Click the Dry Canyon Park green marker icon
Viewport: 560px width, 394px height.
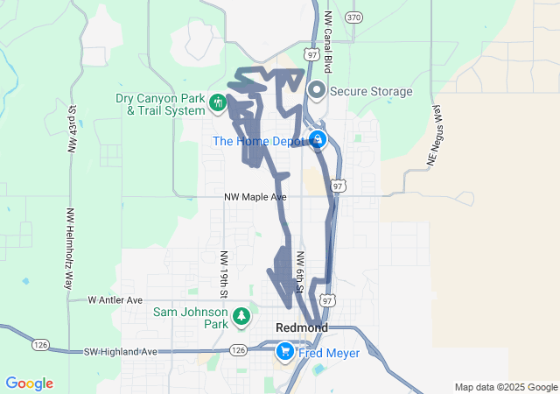(216, 105)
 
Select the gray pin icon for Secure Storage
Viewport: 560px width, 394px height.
(316, 91)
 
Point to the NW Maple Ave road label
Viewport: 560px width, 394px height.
(255, 197)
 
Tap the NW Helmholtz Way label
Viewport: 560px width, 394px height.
(69, 249)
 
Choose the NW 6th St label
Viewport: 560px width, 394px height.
(299, 272)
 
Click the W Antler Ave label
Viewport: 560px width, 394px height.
(115, 300)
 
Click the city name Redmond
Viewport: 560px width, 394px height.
(301, 327)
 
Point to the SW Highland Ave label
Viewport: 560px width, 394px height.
(122, 351)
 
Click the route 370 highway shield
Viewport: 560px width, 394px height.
(353, 17)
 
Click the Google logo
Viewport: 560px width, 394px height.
(29, 383)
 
